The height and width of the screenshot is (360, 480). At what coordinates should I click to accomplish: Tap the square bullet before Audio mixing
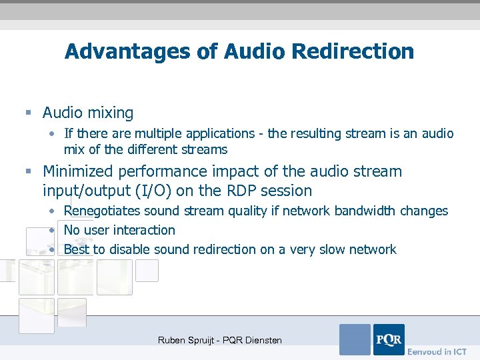coord(27,113)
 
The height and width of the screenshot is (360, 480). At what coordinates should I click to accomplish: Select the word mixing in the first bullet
coord(112,113)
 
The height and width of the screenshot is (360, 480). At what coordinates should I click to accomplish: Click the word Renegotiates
coord(103,211)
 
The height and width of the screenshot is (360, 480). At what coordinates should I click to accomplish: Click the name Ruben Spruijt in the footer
coord(186,340)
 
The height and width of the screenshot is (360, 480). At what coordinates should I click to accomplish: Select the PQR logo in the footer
coord(389,339)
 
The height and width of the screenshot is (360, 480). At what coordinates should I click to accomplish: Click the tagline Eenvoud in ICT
coord(437,351)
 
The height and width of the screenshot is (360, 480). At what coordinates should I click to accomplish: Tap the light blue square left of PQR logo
coord(355,339)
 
